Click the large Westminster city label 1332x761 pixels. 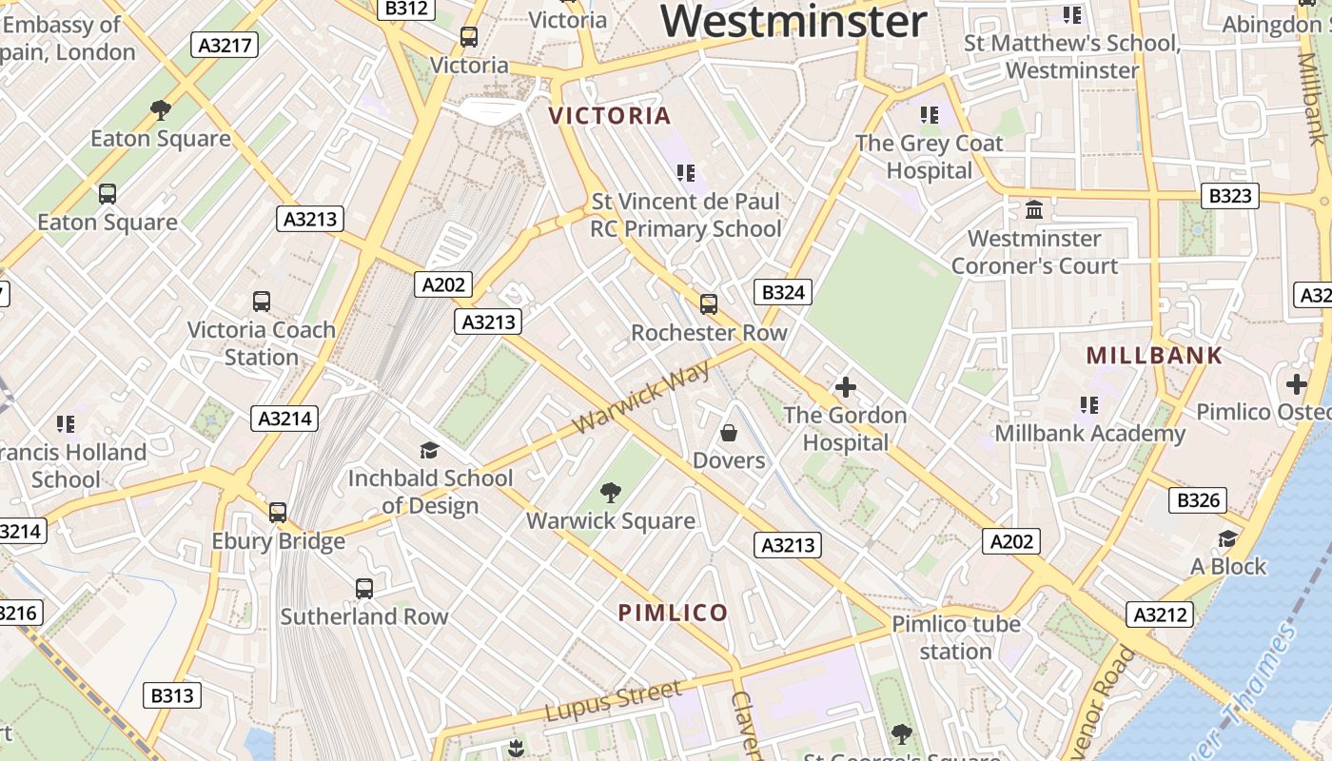(x=793, y=21)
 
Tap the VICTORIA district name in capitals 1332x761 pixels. (x=610, y=116)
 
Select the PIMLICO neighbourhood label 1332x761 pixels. (x=674, y=613)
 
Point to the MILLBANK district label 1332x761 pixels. (x=1154, y=356)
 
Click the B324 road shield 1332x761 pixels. (x=783, y=292)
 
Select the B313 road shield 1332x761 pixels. (x=172, y=695)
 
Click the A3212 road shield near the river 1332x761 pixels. (x=1160, y=615)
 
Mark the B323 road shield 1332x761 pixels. (x=1230, y=197)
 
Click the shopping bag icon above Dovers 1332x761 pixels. (x=729, y=434)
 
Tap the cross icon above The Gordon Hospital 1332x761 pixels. (x=845, y=387)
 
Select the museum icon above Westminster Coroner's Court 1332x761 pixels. (x=1034, y=209)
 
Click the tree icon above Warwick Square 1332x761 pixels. (x=611, y=493)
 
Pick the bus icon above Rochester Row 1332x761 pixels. (x=709, y=304)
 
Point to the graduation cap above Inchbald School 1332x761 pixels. (x=430, y=450)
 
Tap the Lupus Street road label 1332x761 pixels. (x=614, y=701)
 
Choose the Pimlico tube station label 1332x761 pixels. (x=955, y=637)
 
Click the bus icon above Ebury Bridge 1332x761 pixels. (x=278, y=513)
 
